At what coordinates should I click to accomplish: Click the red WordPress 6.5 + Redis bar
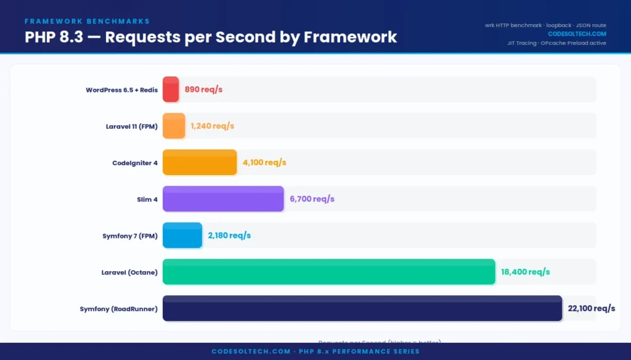(171, 89)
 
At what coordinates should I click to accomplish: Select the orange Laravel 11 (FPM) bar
(174, 126)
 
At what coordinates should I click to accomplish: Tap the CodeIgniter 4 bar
(200, 162)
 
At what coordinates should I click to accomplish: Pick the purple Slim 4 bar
(223, 198)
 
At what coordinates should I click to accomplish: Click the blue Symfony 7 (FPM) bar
(182, 235)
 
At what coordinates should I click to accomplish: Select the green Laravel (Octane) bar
(328, 271)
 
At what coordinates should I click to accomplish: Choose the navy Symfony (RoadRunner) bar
(362, 308)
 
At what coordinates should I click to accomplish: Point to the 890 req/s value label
(203, 89)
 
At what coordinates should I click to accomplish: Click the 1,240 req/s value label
(212, 126)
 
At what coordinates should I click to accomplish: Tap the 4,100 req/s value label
(264, 162)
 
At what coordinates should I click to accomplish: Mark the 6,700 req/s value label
(312, 198)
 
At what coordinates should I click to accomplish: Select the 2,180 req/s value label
(229, 235)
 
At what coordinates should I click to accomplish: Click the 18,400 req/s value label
(525, 271)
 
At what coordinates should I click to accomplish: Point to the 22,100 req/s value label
(592, 308)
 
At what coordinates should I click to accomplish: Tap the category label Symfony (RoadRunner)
(118, 308)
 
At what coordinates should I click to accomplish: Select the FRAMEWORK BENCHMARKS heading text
(87, 21)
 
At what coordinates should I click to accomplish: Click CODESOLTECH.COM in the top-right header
(577, 34)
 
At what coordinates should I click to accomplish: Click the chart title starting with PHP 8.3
(211, 36)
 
